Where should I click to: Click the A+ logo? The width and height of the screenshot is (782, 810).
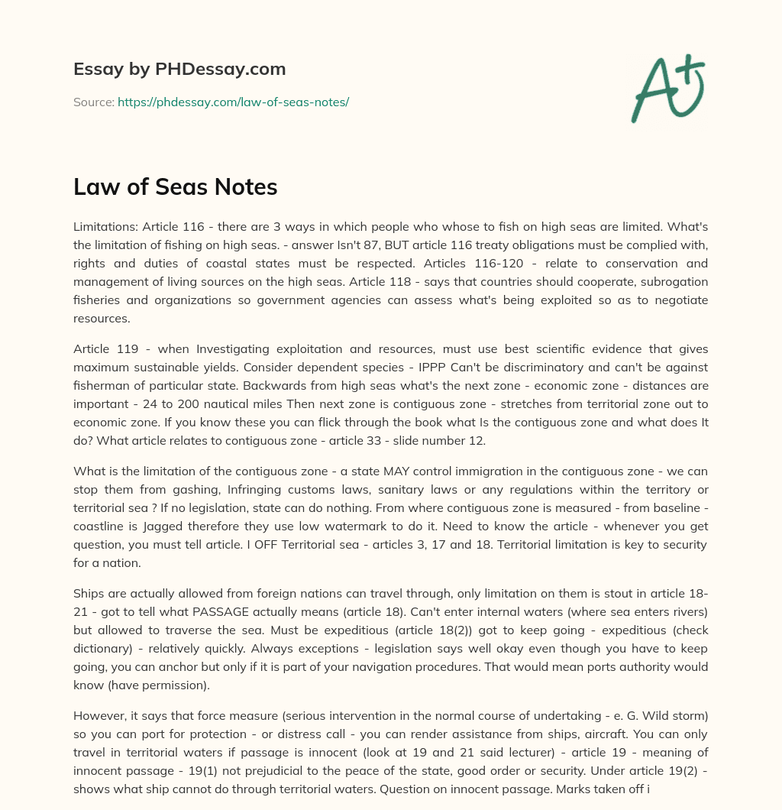(667, 88)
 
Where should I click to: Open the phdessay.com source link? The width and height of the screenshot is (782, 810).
(233, 102)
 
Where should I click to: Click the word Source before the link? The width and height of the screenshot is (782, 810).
(92, 102)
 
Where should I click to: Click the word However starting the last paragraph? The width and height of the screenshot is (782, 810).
(100, 716)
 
